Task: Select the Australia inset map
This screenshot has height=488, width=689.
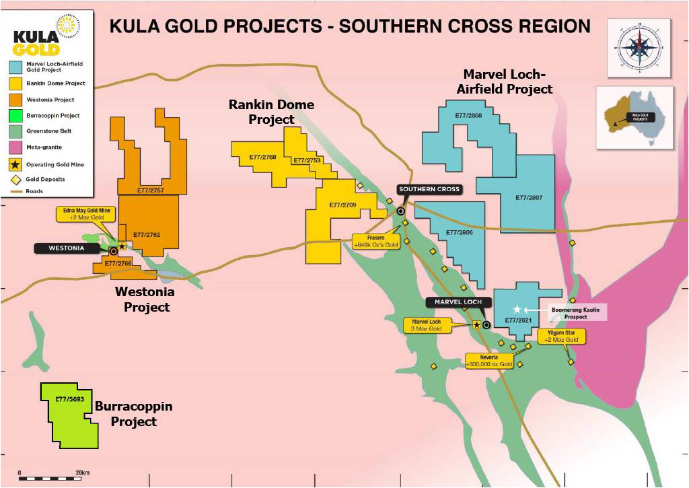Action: pos(634,116)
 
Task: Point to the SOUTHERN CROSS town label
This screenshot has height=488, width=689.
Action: pos(429,189)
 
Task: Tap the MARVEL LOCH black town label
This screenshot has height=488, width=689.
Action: pos(458,302)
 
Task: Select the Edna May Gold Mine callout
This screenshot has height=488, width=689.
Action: pos(86,215)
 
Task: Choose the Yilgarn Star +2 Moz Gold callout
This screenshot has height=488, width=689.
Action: pos(562,337)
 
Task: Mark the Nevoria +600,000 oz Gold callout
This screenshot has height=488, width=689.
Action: pos(489,360)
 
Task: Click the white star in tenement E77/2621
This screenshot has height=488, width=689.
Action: pos(517,309)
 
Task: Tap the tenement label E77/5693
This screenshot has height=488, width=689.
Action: pos(69,399)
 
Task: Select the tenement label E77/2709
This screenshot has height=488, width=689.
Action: pos(343,205)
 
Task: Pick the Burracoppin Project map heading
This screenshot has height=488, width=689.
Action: pos(133,415)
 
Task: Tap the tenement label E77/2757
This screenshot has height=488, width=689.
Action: pos(149,190)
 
